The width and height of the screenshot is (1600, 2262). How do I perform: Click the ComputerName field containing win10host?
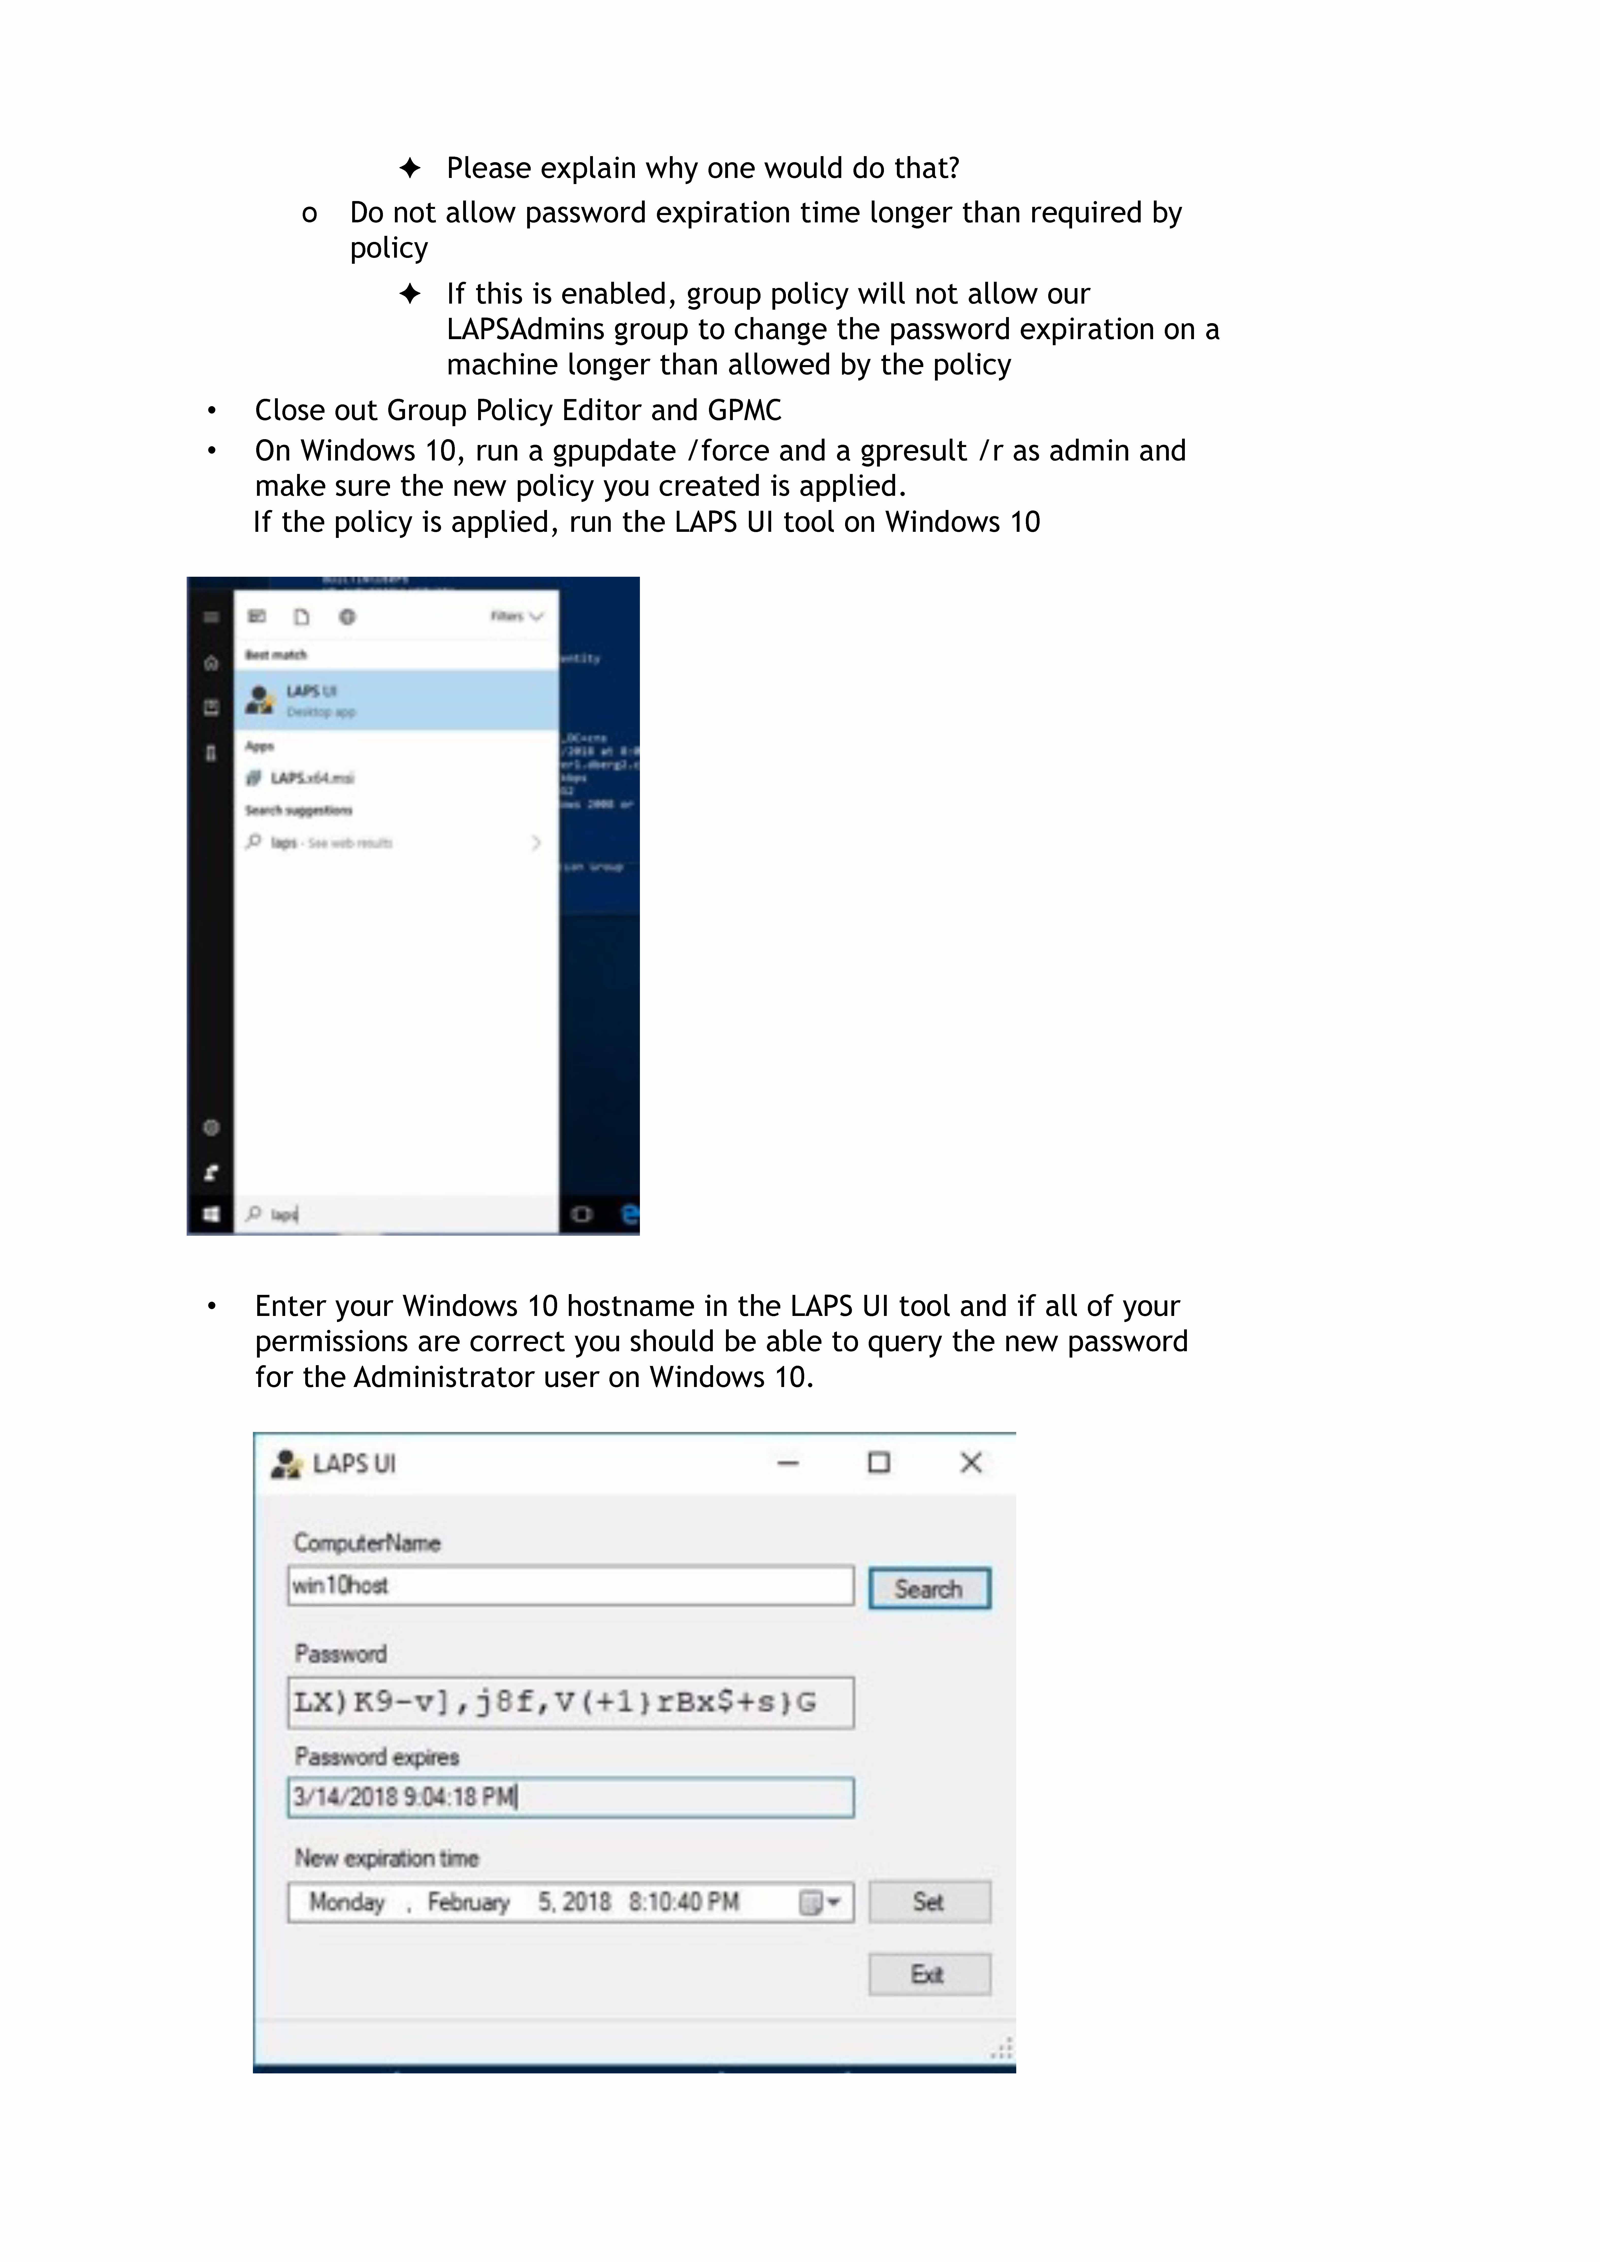click(570, 1585)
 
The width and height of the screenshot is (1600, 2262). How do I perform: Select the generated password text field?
click(570, 1702)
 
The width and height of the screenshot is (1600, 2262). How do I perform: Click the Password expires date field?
click(570, 1797)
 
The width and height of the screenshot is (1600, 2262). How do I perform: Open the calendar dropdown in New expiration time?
click(820, 1902)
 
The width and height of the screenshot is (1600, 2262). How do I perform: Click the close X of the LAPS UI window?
click(971, 1463)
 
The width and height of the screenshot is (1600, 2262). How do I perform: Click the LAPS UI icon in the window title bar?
click(286, 1464)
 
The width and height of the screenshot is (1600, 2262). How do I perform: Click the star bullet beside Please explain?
click(410, 169)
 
